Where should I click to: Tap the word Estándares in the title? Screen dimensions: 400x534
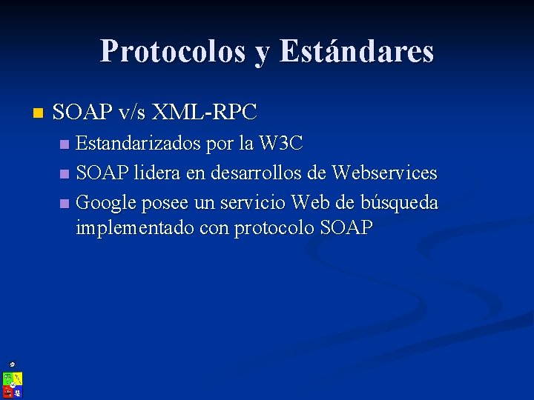click(x=357, y=51)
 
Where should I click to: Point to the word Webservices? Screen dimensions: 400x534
click(x=385, y=173)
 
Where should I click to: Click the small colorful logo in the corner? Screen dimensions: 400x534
click(x=13, y=384)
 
